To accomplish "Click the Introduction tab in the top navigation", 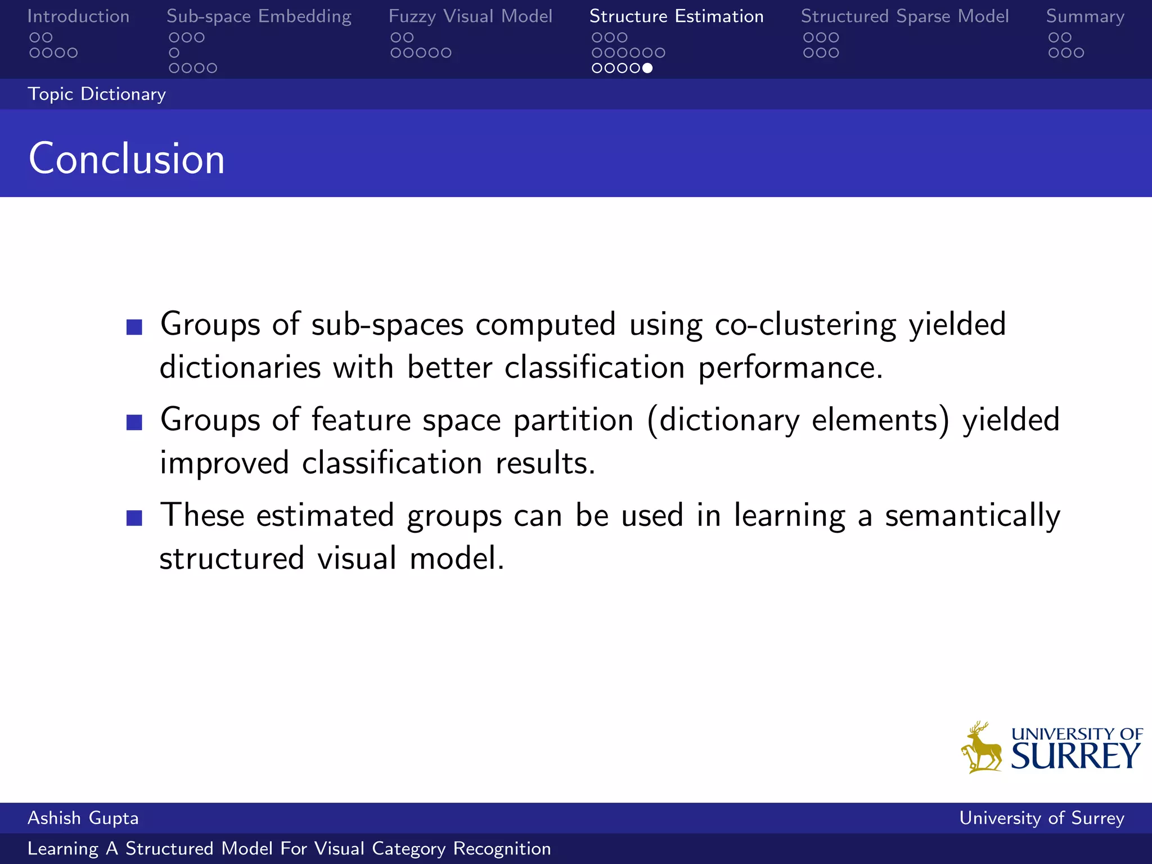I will tap(78, 16).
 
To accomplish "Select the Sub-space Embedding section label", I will tap(259, 16).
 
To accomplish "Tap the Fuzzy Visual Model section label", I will tap(470, 16).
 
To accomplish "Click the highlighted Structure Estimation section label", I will tap(676, 16).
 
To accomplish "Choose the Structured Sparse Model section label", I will tap(904, 16).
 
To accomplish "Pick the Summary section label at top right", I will tap(1085, 16).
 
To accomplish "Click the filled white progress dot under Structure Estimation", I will tap(647, 68).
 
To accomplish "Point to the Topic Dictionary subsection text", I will tap(97, 94).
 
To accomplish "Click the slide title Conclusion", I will tap(127, 159).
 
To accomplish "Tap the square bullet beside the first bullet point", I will tap(134, 327).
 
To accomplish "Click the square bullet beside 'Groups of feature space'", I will tap(134, 422).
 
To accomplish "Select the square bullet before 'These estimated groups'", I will tap(134, 518).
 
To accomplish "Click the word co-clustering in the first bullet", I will tap(805, 325).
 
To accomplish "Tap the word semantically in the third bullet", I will tap(973, 516).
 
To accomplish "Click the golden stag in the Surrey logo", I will tap(982, 748).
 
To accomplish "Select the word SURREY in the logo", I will tap(1075, 756).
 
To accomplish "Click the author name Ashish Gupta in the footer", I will tap(83, 818).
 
